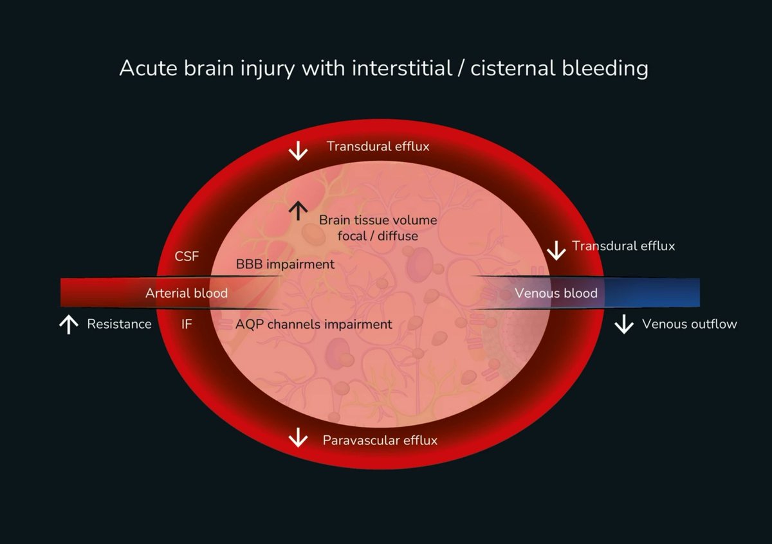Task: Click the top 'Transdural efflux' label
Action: (378, 147)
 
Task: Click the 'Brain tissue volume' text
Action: (378, 220)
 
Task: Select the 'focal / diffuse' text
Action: (378, 236)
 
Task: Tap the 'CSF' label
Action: (187, 257)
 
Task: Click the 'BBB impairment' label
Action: (285, 264)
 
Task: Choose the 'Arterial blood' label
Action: (187, 293)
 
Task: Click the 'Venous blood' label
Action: (556, 293)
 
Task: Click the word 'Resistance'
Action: (119, 324)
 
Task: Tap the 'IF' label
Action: (186, 324)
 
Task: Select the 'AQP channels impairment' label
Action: (313, 324)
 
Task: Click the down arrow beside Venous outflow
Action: (624, 324)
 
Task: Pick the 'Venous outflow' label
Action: (689, 324)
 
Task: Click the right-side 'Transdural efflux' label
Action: (623, 246)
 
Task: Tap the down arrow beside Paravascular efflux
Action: (298, 439)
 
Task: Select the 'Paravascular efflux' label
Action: (380, 440)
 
